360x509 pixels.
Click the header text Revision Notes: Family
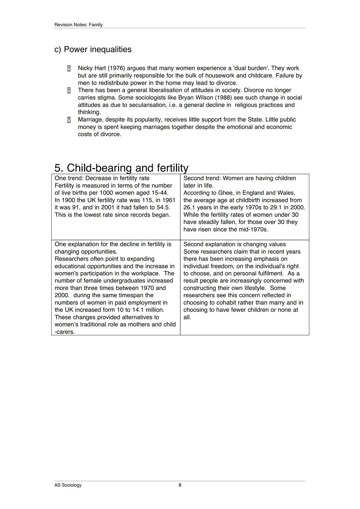[x=78, y=25]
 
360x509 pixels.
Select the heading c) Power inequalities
[x=93, y=49]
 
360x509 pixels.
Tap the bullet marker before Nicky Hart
[x=69, y=68]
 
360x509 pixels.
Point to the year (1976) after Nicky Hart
[x=116, y=68]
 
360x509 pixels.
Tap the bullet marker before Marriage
[x=69, y=120]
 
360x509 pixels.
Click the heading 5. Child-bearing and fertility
[x=121, y=168]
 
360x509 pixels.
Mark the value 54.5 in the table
[x=163, y=207]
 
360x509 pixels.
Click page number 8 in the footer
[x=180, y=485]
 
